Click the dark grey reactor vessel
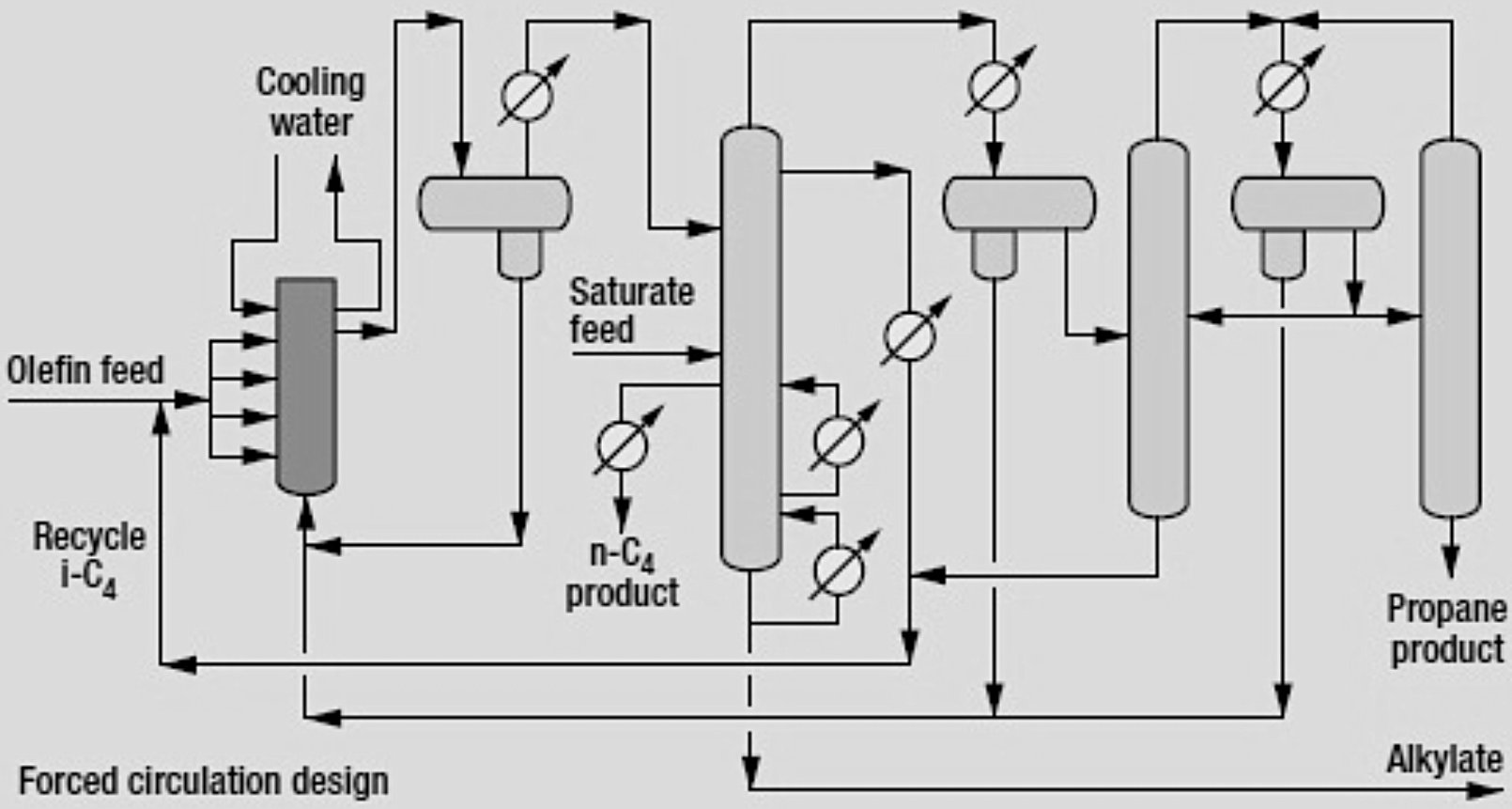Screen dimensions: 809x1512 pyautogui.click(x=305, y=385)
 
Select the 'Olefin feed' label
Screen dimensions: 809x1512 pyautogui.click(x=85, y=370)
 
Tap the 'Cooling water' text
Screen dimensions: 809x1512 pyautogui.click(x=311, y=101)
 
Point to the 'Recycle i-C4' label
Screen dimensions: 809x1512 pyautogui.click(x=89, y=556)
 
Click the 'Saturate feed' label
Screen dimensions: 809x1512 pyautogui.click(x=631, y=310)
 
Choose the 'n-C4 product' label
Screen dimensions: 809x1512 pyautogui.click(x=622, y=575)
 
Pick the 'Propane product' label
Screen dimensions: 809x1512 pyautogui.click(x=1446, y=630)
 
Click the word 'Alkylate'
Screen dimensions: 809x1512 pyautogui.click(x=1444, y=759)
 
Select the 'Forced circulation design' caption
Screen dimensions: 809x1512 pyautogui.click(x=203, y=782)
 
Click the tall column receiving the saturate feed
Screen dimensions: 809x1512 pyautogui.click(x=750, y=348)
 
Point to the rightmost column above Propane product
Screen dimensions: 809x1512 pyautogui.click(x=1450, y=329)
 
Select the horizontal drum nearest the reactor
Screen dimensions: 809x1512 pyautogui.click(x=494, y=204)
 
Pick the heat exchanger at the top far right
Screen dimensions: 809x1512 pyautogui.click(x=1282, y=86)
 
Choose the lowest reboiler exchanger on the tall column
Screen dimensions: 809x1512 pyautogui.click(x=838, y=568)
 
